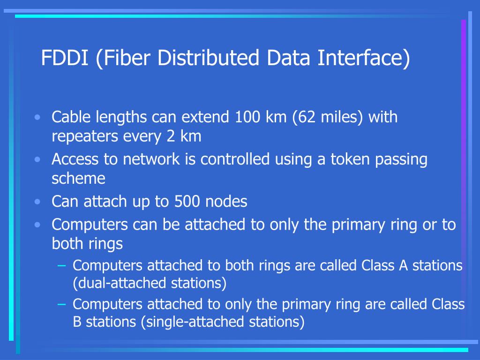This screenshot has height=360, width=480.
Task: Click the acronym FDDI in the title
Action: click(x=65, y=58)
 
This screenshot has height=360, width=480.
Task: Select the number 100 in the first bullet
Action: click(x=247, y=117)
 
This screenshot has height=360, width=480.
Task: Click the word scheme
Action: click(x=78, y=179)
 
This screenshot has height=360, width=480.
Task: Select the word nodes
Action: click(x=226, y=202)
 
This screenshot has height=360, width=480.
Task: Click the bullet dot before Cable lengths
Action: click(x=37, y=117)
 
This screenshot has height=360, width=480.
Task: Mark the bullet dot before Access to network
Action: click(x=37, y=159)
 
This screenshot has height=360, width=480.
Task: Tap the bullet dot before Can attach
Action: click(x=37, y=202)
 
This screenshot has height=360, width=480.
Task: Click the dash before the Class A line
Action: click(x=61, y=265)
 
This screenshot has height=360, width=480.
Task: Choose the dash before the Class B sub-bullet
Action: click(x=61, y=304)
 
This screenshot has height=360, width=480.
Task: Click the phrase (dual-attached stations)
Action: click(x=150, y=283)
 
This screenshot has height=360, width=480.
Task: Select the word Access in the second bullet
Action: click(x=75, y=159)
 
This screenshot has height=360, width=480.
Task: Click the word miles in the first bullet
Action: click(x=340, y=117)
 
